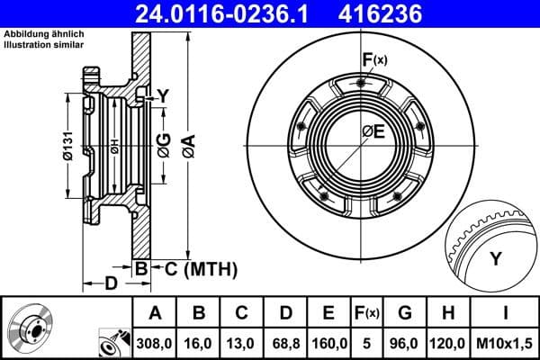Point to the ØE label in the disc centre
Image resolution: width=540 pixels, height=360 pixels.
(373, 131)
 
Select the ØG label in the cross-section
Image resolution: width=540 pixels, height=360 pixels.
(163, 144)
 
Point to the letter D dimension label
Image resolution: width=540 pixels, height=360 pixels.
(111, 284)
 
